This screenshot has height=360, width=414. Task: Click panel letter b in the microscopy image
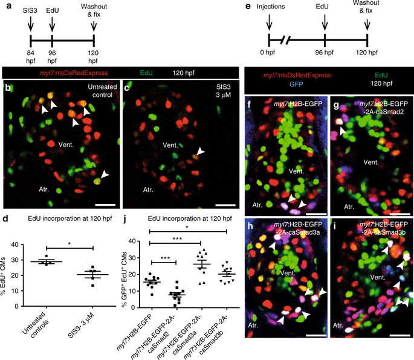8,87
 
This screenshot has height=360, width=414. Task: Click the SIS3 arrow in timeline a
30,24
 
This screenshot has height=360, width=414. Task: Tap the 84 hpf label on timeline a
30,56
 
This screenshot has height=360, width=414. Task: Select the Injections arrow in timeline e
269,22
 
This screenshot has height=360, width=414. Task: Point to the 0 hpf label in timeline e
267,52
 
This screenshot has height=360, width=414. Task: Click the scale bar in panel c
225,205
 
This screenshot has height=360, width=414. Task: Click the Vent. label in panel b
66,145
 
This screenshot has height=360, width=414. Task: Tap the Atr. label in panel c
148,189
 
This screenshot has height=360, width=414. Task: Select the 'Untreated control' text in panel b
102,91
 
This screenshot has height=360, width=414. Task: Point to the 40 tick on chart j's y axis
132,241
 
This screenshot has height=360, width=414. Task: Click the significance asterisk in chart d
70,243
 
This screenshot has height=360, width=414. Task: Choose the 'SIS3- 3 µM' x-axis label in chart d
81,326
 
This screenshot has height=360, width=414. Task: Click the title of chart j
190,218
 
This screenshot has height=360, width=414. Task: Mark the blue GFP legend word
296,84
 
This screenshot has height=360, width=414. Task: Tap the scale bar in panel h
316,335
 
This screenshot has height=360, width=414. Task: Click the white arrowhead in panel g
343,131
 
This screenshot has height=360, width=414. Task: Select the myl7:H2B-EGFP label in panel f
298,104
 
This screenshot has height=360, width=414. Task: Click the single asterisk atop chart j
187,227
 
